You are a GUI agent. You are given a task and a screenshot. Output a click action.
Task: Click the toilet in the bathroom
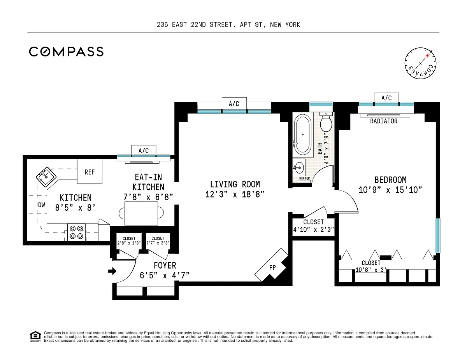click(326, 122)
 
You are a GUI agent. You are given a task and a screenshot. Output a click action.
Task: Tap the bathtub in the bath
click(303, 135)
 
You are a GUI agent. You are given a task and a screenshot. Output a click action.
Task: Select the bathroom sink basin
click(299, 168)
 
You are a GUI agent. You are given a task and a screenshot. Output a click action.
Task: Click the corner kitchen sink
click(46, 177)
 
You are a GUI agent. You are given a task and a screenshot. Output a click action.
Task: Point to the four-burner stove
click(77, 232)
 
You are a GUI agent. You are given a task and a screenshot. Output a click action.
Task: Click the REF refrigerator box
click(90, 171)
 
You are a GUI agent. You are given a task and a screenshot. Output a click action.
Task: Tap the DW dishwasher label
click(42, 205)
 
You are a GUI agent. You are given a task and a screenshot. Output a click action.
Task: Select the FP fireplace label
click(272, 267)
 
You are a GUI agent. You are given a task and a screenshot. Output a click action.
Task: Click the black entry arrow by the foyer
click(112, 271)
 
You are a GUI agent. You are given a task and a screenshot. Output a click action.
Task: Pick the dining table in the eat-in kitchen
click(141, 213)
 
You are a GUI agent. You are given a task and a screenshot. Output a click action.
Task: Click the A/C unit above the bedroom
click(386, 98)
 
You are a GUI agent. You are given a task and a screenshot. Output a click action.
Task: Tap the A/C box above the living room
click(234, 104)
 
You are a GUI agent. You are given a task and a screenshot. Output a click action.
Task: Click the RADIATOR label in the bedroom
click(384, 121)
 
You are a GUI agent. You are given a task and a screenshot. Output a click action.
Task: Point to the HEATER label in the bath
click(305, 178)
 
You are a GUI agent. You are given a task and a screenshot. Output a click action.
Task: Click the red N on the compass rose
click(427, 56)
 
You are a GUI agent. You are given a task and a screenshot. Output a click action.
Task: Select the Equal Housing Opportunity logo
click(35, 336)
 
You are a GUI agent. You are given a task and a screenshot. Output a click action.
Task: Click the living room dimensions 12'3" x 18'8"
click(235, 194)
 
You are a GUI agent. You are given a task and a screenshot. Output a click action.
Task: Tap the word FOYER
click(165, 266)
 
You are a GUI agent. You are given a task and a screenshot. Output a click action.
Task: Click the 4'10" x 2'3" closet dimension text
click(314, 229)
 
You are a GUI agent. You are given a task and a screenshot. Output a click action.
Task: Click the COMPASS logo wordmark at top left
click(66, 52)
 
